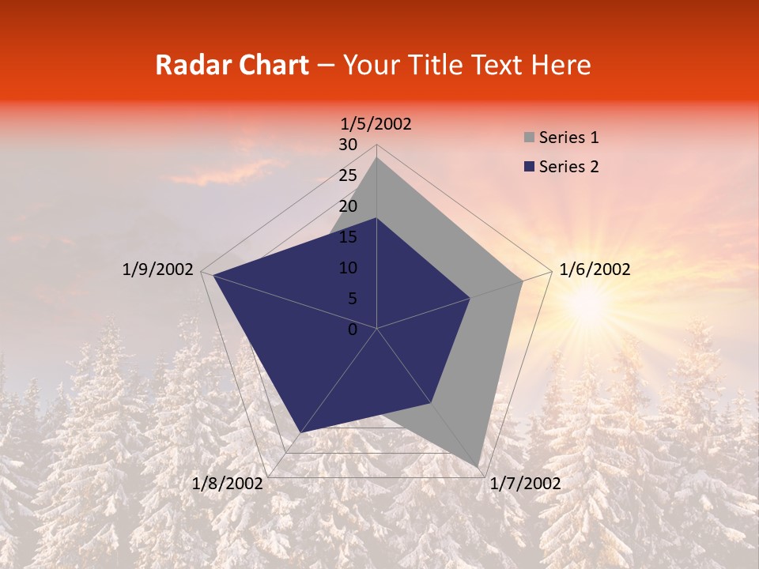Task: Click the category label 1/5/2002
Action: pyautogui.click(x=376, y=124)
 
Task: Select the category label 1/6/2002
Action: pyautogui.click(x=595, y=269)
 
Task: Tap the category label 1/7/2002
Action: pyautogui.click(x=525, y=484)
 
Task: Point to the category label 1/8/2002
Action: pyautogui.click(x=228, y=484)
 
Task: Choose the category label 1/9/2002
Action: pyautogui.click(x=157, y=269)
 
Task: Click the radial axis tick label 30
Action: pyautogui.click(x=347, y=145)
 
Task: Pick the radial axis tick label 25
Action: pyautogui.click(x=347, y=175)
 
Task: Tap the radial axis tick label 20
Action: pyautogui.click(x=347, y=206)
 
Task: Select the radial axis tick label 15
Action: pyautogui.click(x=347, y=237)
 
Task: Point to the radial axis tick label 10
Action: pyautogui.click(x=347, y=268)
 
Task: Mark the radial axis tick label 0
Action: pyautogui.click(x=353, y=330)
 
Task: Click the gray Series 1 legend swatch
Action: pyautogui.click(x=529, y=138)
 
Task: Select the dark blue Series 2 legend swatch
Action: pyautogui.click(x=529, y=167)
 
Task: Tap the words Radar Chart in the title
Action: pyautogui.click(x=231, y=66)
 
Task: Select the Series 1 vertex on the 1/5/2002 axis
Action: pyautogui.click(x=377, y=158)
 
